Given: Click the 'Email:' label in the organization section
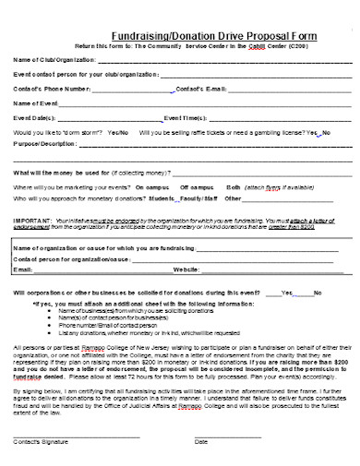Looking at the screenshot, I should click(23, 269).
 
